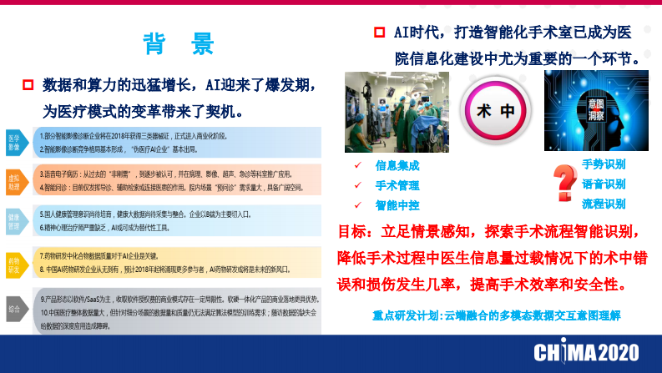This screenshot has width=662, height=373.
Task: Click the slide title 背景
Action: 179,43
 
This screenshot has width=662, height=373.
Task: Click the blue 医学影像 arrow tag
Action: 15,142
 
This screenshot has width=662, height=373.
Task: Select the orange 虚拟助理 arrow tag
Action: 15,182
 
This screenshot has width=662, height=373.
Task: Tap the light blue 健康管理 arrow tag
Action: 15,221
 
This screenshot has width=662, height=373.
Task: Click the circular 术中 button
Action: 495,111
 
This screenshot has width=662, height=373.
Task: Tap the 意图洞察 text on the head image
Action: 596,110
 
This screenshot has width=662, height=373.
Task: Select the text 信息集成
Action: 397,166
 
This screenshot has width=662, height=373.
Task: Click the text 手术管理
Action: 397,185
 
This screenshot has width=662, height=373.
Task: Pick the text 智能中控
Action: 397,204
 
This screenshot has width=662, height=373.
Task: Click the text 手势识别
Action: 604,164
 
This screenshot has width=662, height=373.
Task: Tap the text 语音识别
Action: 604,184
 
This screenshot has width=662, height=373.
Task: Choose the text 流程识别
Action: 604,204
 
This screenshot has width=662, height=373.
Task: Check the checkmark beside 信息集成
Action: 358,166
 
